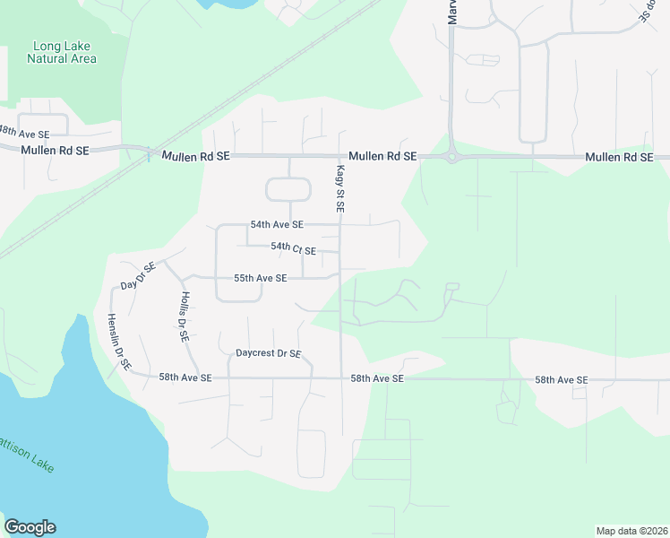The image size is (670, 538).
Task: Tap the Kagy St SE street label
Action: tap(340, 188)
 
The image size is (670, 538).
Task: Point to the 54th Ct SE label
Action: tap(293, 247)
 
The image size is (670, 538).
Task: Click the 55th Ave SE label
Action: tap(260, 278)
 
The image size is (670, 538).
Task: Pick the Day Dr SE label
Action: tap(138, 275)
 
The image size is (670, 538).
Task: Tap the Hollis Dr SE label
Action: tap(184, 318)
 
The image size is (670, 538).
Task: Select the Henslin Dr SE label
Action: tap(119, 343)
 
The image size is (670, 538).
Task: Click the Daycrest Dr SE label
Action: tap(268, 353)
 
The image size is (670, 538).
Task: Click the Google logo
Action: tap(30, 527)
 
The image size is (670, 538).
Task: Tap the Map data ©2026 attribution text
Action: tap(631, 531)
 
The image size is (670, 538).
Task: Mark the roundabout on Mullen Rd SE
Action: tap(452, 156)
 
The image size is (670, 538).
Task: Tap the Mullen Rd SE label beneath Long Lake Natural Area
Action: tap(55, 152)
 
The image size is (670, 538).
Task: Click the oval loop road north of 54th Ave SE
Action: tap(288, 189)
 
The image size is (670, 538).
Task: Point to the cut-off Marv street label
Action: tap(452, 12)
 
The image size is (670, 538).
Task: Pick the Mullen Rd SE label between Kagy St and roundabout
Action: tap(382, 156)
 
